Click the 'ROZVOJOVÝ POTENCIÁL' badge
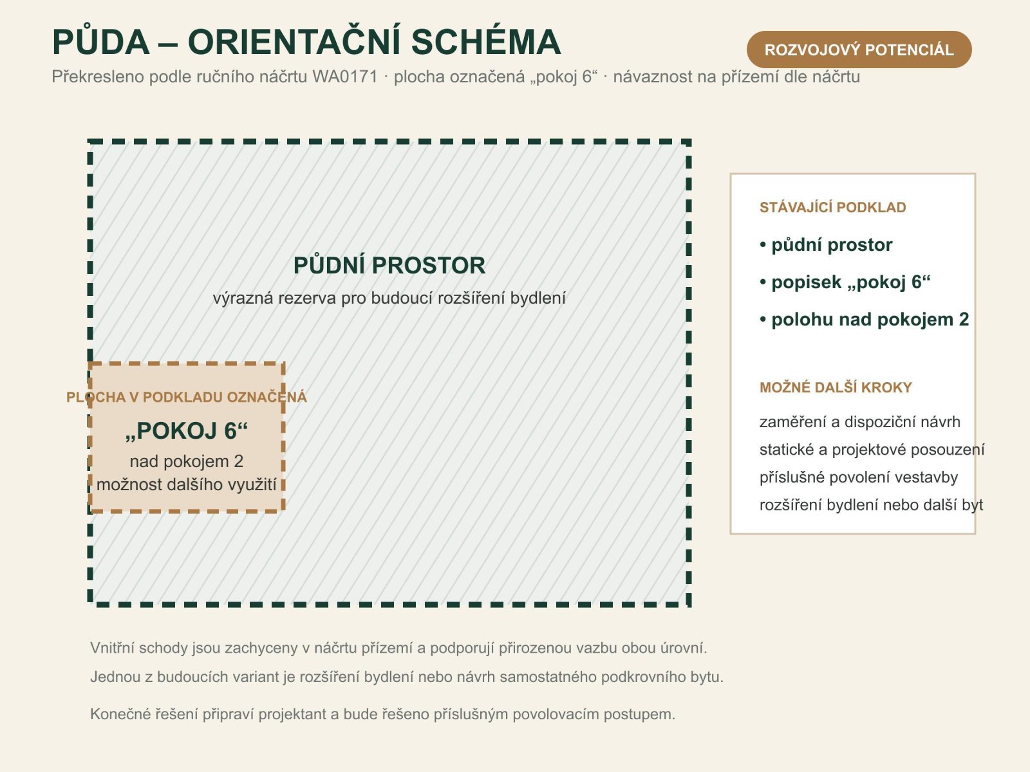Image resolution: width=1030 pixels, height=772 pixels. tap(859, 50)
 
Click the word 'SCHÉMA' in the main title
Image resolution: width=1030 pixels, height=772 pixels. tap(485, 42)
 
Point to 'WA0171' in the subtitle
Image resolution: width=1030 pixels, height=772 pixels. tap(345, 77)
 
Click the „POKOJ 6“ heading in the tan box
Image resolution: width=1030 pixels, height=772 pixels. tap(186, 431)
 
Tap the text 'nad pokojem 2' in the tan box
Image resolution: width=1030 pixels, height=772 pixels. tap(186, 462)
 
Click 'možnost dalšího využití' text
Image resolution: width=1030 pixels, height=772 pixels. tap(186, 484)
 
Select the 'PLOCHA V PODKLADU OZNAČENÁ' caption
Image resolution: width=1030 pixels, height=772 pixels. tap(186, 398)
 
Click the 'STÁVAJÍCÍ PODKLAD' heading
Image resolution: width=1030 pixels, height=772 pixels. tap(832, 208)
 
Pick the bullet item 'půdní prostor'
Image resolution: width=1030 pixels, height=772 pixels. tap(826, 245)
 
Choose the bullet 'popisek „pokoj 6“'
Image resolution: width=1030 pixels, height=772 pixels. tap(845, 282)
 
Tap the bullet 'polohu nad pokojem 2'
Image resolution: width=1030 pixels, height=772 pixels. tap(864, 320)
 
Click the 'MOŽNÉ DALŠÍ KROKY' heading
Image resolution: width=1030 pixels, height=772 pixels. tap(835, 388)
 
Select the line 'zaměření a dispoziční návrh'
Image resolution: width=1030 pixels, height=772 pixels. tap(859, 422)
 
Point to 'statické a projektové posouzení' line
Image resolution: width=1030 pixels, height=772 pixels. tap(872, 450)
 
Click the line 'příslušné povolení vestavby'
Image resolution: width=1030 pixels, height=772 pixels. tap(858, 477)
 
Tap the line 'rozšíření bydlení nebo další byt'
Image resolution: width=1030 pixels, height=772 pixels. tap(871, 505)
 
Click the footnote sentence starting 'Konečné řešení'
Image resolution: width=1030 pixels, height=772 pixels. tap(382, 714)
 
